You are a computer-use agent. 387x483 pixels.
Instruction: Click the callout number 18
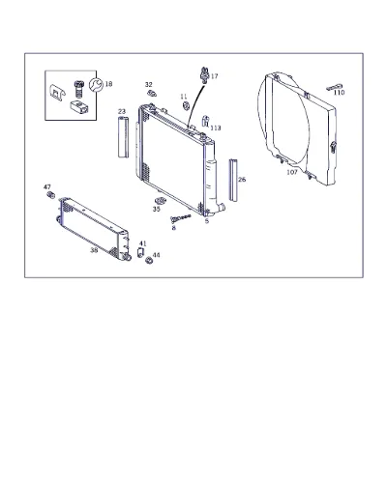coord(108,84)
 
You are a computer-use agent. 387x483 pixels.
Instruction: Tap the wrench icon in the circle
coord(96,85)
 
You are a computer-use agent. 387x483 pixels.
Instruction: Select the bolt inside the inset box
coord(78,89)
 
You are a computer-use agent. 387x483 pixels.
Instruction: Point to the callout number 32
coord(148,85)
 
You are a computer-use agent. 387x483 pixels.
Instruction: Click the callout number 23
coord(122,112)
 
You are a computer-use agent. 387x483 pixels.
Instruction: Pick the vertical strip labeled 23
coord(123,137)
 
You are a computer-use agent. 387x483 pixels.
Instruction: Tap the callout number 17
coord(215,76)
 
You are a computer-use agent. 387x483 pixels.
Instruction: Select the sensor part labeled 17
coord(204,74)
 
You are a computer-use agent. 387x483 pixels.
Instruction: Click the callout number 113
coord(216,128)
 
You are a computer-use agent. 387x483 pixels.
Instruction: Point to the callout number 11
coord(184,97)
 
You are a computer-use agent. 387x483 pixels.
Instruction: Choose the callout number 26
coord(242,180)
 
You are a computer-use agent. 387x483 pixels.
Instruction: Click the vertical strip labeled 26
coord(234,180)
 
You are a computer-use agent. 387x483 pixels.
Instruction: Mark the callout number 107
coord(292,172)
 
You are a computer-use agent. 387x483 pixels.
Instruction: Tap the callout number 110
coord(339,93)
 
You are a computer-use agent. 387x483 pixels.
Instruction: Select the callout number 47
coord(47,187)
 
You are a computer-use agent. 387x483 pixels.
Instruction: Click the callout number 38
coord(94,250)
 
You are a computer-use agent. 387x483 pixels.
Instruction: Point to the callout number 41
coord(142,243)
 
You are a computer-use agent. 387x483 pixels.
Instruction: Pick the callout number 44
coord(156,255)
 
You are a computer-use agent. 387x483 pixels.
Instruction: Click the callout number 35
coord(157,209)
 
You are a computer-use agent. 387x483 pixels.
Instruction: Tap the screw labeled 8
coord(180,218)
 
